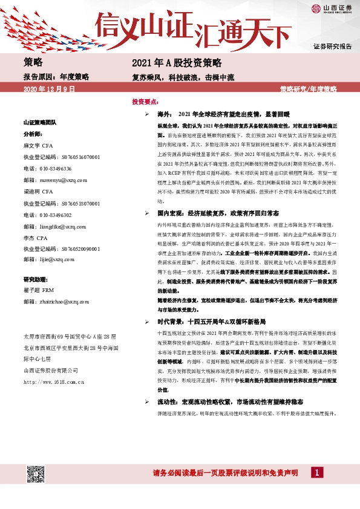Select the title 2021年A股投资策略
pyautogui.click(x=177, y=63)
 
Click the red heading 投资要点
pyautogui.click(x=146, y=102)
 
